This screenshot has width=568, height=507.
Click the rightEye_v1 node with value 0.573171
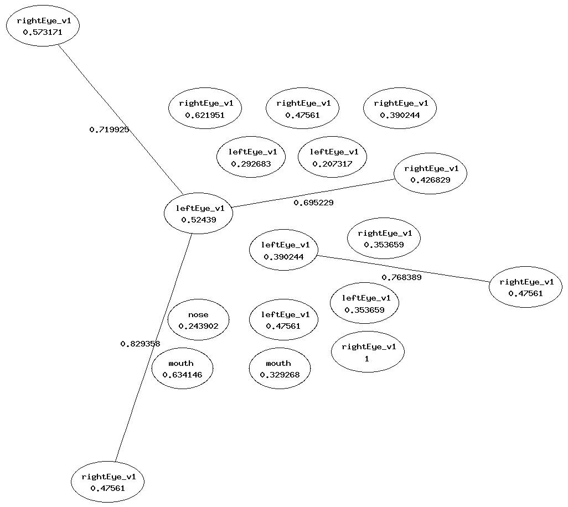[x=43, y=26]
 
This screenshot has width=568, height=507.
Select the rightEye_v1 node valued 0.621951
[x=205, y=108]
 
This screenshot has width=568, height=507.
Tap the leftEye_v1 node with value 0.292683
[x=251, y=157]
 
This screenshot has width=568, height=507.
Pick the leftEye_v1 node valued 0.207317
[x=332, y=157]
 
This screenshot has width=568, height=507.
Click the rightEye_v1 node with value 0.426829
[x=430, y=174]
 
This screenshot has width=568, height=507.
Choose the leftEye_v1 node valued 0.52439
[x=198, y=214]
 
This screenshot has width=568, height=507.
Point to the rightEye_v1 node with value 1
[x=368, y=352]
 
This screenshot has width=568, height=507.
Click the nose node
[x=198, y=320]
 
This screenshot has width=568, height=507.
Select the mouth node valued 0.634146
[x=182, y=369]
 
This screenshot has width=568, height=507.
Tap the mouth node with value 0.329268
[x=280, y=369]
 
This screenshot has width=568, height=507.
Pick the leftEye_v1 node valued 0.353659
[x=364, y=303]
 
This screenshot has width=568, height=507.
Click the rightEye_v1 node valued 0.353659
[x=384, y=238]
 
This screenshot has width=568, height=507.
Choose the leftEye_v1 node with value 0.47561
[x=283, y=320]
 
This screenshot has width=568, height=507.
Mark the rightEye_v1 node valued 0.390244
[x=400, y=108]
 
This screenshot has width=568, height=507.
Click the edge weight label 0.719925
[x=109, y=130]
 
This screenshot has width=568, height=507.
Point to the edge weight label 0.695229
[x=313, y=203]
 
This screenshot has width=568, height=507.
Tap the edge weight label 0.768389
[x=401, y=277]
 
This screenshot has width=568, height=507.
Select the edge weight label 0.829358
[x=140, y=344]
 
